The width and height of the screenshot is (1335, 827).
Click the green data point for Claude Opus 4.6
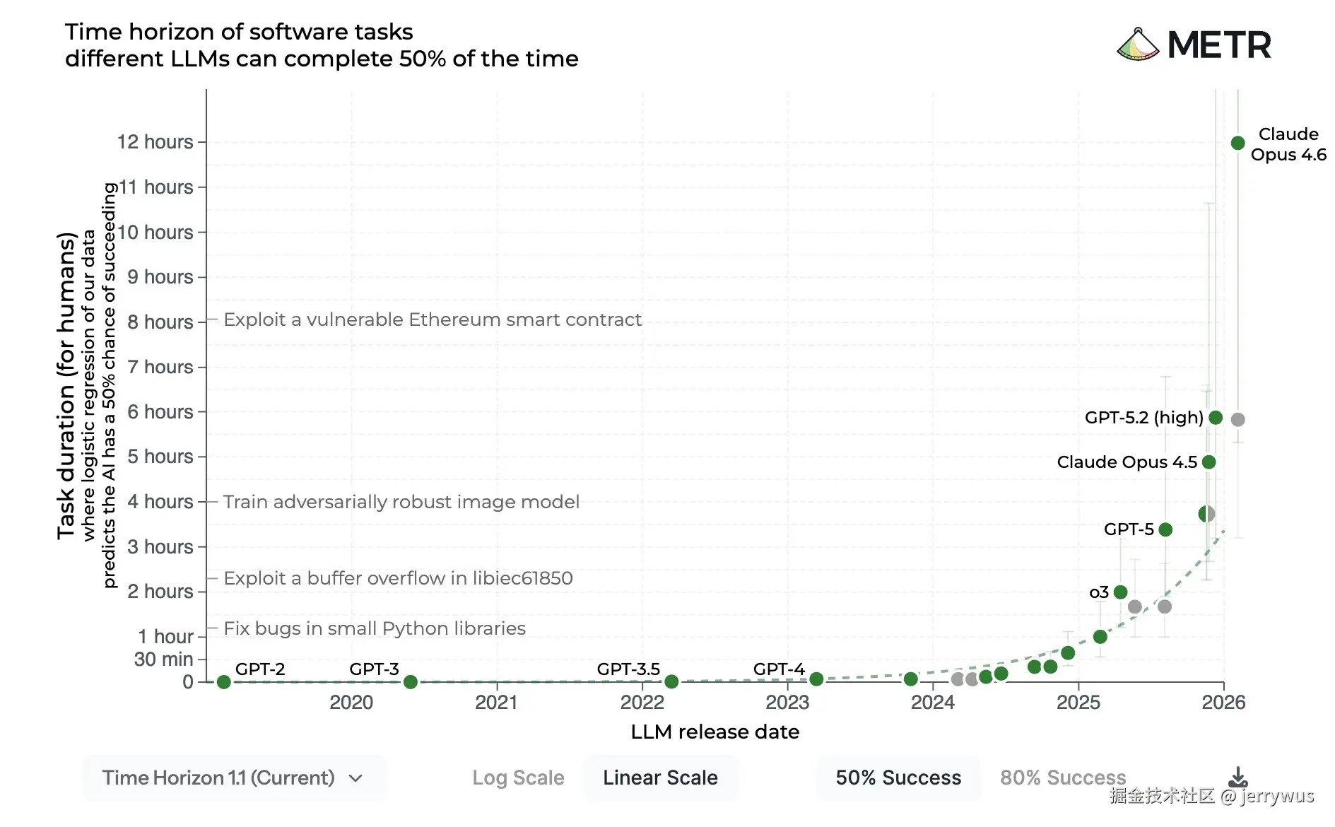coord(1237,143)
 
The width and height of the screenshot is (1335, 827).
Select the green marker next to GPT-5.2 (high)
coord(1216,418)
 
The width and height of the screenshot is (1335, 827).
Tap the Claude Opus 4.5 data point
coord(1208,462)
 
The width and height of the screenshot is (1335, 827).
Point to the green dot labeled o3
coord(1120,592)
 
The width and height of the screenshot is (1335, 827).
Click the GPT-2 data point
coord(224,682)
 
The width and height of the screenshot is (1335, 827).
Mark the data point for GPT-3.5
coord(671,682)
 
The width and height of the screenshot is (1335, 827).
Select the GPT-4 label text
coord(779,669)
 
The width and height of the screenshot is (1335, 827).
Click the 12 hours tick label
coord(155,142)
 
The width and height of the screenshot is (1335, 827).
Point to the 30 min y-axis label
coord(163,659)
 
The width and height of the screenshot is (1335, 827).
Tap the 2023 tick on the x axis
coord(787,703)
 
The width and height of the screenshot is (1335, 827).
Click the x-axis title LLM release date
coord(714,732)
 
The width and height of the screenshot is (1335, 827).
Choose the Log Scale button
coord(518,778)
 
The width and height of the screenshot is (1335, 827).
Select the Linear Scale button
coord(660,778)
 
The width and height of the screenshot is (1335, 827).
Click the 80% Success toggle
coord(1062,778)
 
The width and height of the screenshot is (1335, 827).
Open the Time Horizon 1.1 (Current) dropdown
coord(233,778)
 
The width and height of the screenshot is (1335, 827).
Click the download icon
coord(1237,778)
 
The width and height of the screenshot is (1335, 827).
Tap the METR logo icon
coord(1138,45)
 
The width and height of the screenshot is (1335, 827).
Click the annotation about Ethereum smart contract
coord(433,320)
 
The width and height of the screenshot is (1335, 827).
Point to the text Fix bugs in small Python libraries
coord(375,628)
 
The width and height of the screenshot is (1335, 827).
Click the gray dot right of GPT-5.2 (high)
coord(1237,420)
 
